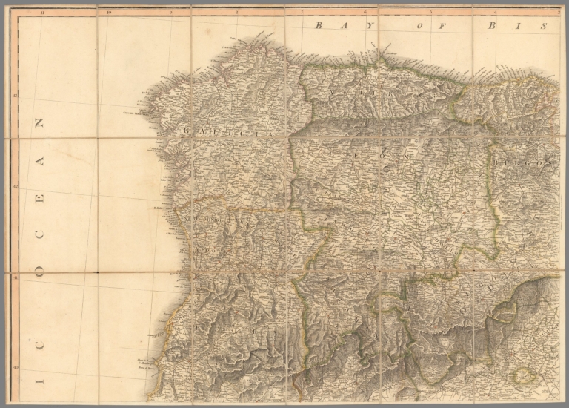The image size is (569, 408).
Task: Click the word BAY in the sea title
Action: (331, 25)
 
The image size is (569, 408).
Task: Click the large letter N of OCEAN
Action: (40, 123)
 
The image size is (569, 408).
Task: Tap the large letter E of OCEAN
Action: (40, 199)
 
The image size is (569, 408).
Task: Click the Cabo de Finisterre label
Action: (133, 113)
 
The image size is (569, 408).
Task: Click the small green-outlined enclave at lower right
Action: (525, 375)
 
